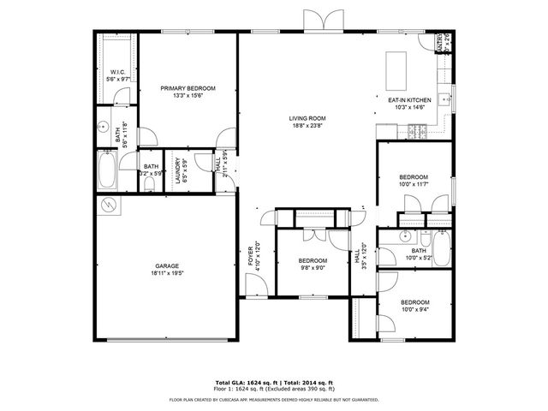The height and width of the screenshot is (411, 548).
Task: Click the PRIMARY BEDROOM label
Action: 188,88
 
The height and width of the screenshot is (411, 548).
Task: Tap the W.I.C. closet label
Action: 118,72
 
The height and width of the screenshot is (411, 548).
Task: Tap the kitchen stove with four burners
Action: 418,130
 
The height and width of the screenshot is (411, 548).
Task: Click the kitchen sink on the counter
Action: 444,99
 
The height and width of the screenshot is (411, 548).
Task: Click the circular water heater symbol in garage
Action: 110,205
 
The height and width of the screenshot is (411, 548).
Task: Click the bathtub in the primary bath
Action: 109,171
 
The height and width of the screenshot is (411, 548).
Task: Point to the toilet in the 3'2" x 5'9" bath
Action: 151,182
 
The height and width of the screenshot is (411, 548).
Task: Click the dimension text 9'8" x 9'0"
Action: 312,269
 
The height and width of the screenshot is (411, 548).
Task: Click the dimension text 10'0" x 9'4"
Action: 415,311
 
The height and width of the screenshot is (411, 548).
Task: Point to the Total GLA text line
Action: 274,382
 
